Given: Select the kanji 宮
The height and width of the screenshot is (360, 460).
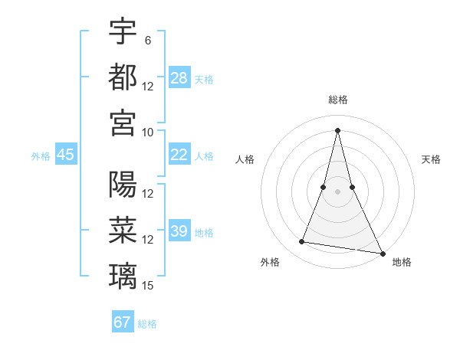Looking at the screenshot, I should (123, 123).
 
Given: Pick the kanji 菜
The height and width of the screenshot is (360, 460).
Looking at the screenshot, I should (123, 230).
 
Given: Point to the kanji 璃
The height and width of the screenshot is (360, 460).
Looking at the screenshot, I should (123, 275).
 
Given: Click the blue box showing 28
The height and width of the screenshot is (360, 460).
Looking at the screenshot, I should (179, 77).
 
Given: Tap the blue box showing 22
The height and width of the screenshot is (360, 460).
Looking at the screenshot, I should (179, 155).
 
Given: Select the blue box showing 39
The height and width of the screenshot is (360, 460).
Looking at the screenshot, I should (179, 231).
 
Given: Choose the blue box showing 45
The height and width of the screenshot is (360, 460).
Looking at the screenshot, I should (65, 155).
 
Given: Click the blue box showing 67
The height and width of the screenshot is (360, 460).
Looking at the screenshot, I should (123, 322).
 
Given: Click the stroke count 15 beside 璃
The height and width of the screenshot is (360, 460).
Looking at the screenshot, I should (148, 286).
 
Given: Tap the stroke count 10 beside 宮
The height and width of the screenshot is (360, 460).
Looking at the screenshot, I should (148, 132).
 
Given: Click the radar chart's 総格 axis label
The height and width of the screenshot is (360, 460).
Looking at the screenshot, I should (338, 100).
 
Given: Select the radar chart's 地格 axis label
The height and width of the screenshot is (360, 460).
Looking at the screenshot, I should (402, 262).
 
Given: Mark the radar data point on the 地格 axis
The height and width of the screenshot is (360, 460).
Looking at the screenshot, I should (382, 254).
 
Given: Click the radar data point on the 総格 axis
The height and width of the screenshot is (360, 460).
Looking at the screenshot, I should (338, 130).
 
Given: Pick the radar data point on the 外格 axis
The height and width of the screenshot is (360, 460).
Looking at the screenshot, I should (302, 242).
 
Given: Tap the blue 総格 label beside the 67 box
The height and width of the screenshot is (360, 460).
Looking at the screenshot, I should (147, 324).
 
